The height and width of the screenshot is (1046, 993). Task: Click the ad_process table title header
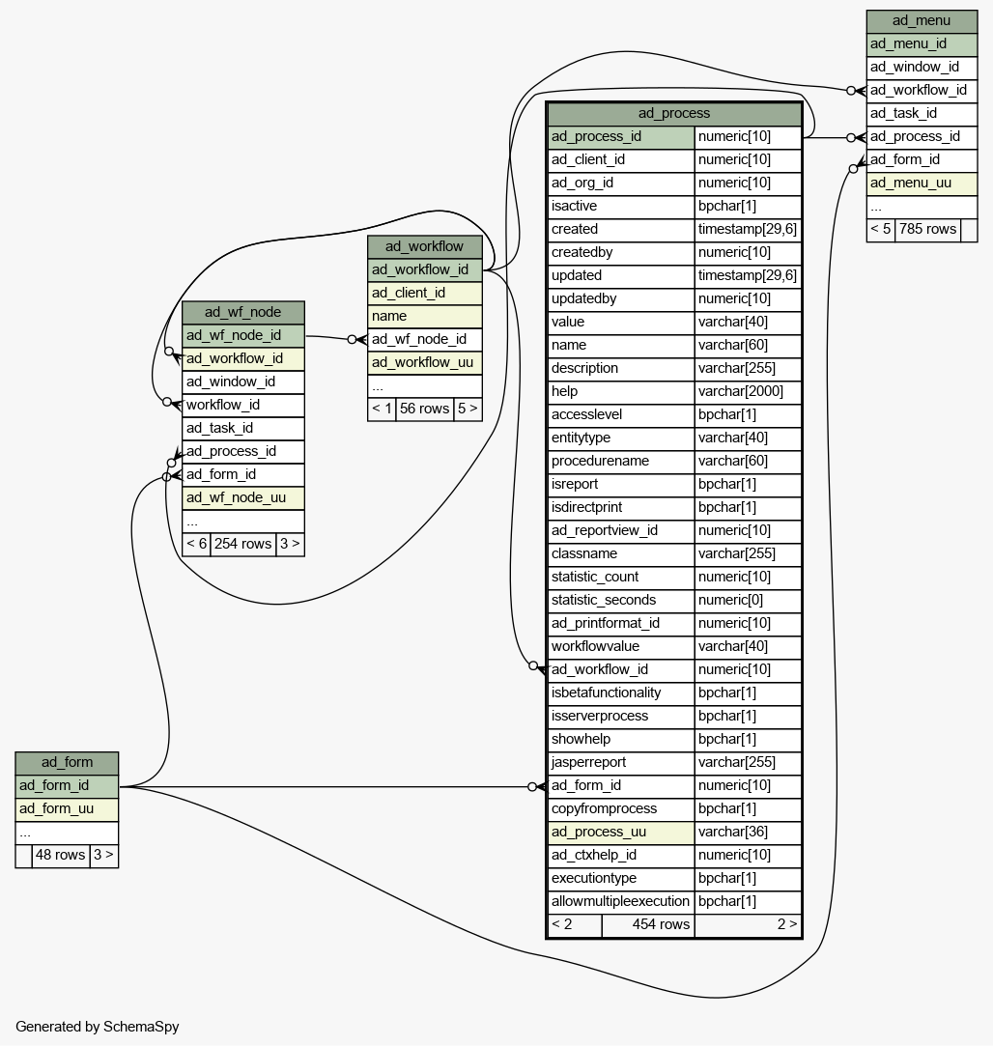click(x=674, y=113)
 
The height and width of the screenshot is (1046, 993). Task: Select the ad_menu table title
click(x=922, y=20)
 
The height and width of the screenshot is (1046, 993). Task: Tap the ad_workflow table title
click(x=424, y=246)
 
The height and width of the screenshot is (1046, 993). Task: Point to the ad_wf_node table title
click(x=242, y=312)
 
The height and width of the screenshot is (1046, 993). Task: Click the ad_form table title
click(x=67, y=762)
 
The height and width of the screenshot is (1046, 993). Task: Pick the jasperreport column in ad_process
click(x=620, y=762)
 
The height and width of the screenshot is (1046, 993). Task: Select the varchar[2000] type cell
click(x=748, y=391)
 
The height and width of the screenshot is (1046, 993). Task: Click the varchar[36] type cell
click(x=748, y=832)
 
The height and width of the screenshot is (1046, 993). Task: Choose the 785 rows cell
click(x=927, y=230)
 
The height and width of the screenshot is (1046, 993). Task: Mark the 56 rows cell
click(x=424, y=409)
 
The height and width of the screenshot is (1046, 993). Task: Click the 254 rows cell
click(x=242, y=545)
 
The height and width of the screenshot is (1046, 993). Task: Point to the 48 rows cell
click(x=60, y=855)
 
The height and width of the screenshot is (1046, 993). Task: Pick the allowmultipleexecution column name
click(x=620, y=902)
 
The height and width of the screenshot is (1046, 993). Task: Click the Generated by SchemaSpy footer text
click(x=98, y=1027)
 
